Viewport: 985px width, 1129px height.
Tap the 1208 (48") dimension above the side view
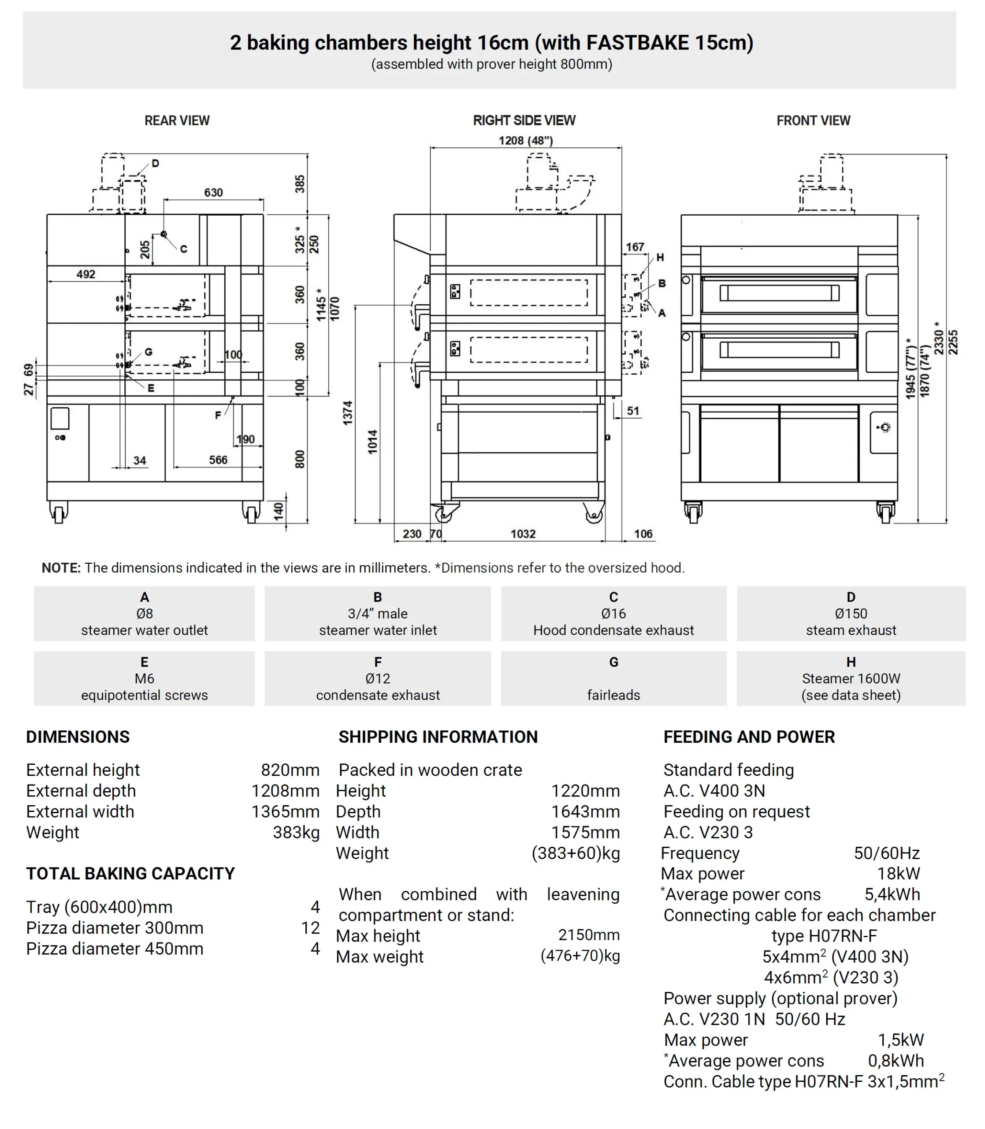tap(525, 140)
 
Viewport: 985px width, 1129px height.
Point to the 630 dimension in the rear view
tap(213, 192)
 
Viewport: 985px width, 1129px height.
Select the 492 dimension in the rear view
tap(86, 274)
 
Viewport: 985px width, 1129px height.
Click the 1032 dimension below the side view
tap(523, 534)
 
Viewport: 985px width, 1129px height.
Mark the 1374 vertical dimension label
tap(348, 412)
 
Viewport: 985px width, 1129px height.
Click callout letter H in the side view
tap(660, 258)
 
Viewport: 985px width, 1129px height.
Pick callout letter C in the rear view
tap(184, 249)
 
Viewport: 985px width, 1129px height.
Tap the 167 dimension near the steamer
tap(635, 247)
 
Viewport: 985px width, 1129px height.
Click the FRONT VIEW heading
tap(813, 120)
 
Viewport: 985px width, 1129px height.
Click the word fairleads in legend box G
tap(613, 695)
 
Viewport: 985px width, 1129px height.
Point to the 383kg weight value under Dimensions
tap(296, 832)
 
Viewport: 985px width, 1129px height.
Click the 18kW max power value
tap(898, 873)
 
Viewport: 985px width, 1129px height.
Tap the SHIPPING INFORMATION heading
tap(438, 737)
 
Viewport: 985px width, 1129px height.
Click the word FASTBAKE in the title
tap(638, 43)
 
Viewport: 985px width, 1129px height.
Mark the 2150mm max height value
tap(589, 935)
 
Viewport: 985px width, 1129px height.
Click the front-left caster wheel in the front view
tap(693, 513)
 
